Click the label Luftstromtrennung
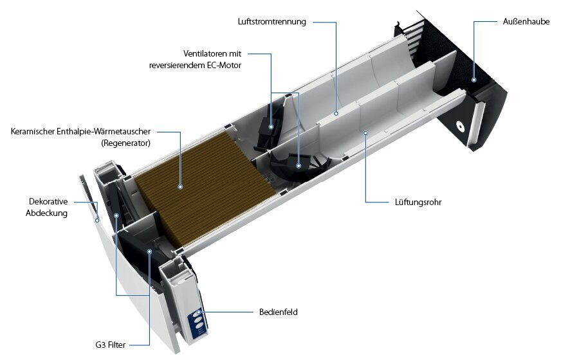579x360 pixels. pyautogui.click(x=271, y=22)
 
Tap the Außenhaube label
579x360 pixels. pyautogui.click(x=526, y=21)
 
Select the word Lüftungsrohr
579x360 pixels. pyautogui.click(x=418, y=202)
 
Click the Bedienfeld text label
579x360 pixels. pyautogui.click(x=279, y=312)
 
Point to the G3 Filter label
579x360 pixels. pyautogui.click(x=111, y=345)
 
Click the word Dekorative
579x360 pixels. pyautogui.click(x=48, y=201)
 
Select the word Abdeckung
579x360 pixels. pyautogui.click(x=46, y=213)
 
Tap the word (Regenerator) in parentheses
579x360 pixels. pyautogui.click(x=126, y=143)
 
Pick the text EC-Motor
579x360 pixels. pyautogui.click(x=225, y=66)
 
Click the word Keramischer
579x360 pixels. pyautogui.click(x=33, y=131)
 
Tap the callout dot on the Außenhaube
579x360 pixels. pyautogui.click(x=473, y=80)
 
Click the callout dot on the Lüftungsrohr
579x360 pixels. pyautogui.click(x=365, y=133)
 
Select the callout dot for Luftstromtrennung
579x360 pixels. pyautogui.click(x=336, y=114)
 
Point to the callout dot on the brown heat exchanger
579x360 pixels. pyautogui.click(x=180, y=187)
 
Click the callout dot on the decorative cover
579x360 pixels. pyautogui.click(x=97, y=221)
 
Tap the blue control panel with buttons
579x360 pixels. pyautogui.click(x=198, y=323)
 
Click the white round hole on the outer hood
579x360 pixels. pyautogui.click(x=460, y=126)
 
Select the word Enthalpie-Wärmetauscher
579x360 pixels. pyautogui.click(x=104, y=131)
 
